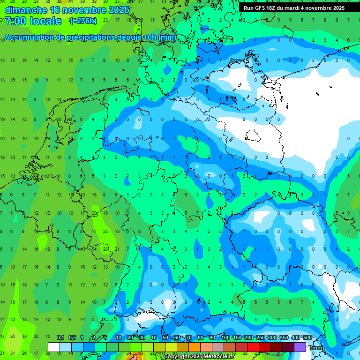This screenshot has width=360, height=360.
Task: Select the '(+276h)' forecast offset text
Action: pyautogui.click(x=83, y=21)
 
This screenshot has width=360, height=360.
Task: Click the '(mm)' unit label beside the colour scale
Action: pyautogui.click(x=317, y=348)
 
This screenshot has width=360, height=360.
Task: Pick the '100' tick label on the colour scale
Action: pyautogui.click(x=225, y=338)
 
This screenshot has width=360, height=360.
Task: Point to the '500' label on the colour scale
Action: pyautogui.click(x=307, y=338)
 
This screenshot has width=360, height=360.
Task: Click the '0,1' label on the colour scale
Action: pyautogui.click(x=60, y=338)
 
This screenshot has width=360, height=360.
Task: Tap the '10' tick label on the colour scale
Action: pyautogui.click(x=119, y=338)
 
